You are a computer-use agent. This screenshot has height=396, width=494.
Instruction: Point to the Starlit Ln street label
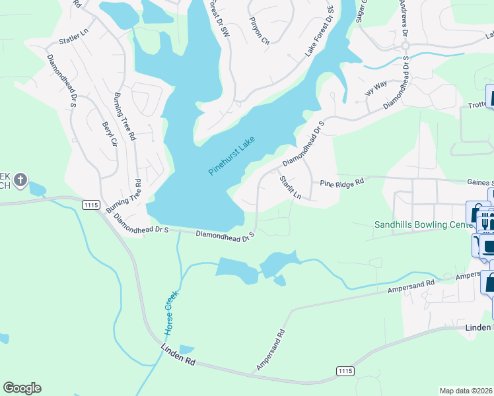click(290, 187)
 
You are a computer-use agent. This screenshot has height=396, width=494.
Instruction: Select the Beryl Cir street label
click(109, 134)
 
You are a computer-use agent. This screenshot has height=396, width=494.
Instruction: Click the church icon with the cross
click(20, 180)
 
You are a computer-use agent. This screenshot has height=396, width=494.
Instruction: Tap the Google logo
click(22, 387)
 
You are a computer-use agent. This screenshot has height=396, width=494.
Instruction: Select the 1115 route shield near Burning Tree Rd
click(91, 205)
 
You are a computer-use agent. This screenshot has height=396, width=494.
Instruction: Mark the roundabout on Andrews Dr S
click(406, 46)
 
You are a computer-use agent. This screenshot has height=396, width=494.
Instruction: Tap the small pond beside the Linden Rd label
click(187, 350)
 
